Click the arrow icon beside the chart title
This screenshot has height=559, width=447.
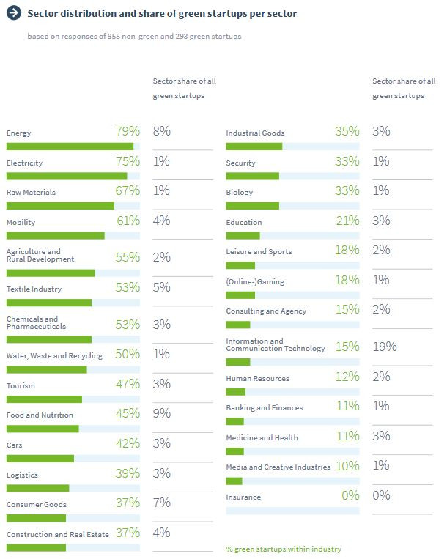pos(13,13)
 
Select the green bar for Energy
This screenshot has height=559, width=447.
pos(70,147)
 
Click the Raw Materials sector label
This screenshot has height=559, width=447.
pos(31,193)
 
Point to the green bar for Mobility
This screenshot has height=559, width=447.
pos(55,236)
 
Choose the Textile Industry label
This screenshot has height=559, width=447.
pos(34,289)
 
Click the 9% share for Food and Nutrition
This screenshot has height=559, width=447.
pos(161,413)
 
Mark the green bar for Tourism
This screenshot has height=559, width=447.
pos(44,399)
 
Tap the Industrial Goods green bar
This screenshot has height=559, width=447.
pos(254,147)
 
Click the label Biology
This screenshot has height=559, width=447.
pos(240,193)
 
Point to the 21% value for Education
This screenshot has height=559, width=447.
pos(347,221)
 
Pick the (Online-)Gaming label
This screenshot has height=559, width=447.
pos(255,281)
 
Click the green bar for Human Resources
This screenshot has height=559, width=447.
pos(236,392)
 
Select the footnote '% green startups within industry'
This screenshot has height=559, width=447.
pos(284,549)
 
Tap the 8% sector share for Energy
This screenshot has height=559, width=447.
pos(161,131)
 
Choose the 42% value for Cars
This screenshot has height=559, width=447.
pos(128,443)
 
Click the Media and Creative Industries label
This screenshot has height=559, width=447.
pos(278,467)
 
